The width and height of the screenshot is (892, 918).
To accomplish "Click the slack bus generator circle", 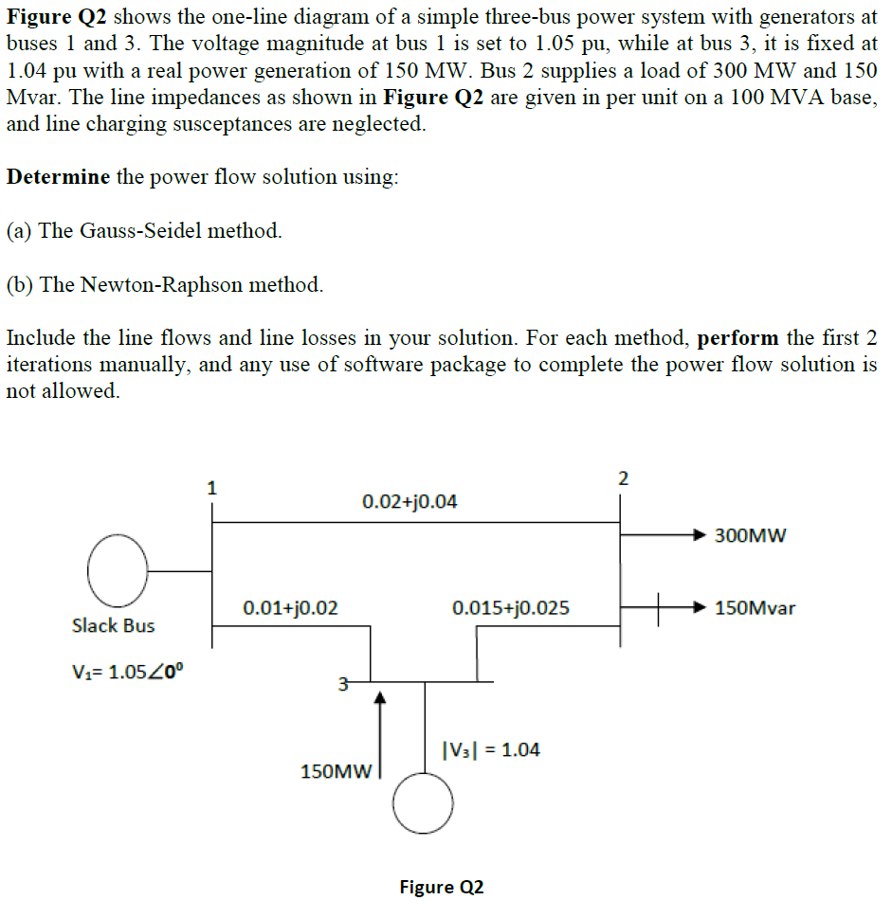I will click(x=117, y=570).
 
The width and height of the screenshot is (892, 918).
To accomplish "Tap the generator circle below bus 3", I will click(x=423, y=801).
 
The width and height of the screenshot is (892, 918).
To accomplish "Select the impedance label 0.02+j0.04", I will click(x=410, y=501).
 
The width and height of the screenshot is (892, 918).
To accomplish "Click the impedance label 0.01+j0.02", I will click(x=290, y=607).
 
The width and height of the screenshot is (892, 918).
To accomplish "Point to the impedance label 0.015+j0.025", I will click(x=511, y=607).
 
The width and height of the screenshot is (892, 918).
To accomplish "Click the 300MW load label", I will click(x=751, y=536).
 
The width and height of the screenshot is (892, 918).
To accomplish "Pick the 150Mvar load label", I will click(x=755, y=607).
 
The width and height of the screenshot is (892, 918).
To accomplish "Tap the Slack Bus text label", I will click(x=113, y=625).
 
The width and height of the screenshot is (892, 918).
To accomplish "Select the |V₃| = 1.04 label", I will click(x=491, y=749).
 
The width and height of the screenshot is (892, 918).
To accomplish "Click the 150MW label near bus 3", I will click(x=334, y=771).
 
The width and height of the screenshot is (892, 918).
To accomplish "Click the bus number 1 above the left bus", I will click(x=211, y=490).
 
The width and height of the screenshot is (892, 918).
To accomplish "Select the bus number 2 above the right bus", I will click(x=622, y=477).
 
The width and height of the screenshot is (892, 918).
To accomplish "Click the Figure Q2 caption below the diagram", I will click(x=442, y=887).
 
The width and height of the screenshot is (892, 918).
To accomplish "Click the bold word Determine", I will click(x=58, y=177).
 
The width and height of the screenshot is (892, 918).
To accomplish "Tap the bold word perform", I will click(x=737, y=338).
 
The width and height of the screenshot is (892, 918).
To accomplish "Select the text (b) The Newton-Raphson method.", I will click(x=164, y=284).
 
